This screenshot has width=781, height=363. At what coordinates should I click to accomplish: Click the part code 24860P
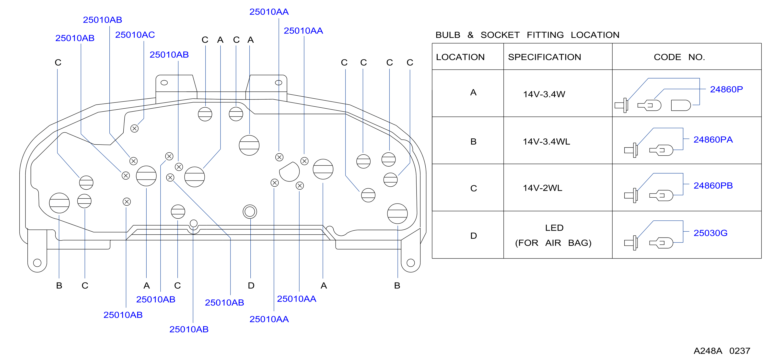pos(726,89)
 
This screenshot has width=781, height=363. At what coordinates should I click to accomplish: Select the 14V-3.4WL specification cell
pos(546,141)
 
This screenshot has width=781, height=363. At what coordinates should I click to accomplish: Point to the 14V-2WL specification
pos(542,188)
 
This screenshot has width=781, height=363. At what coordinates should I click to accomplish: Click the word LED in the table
pos(554,228)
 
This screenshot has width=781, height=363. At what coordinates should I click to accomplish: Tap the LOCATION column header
pos(460,57)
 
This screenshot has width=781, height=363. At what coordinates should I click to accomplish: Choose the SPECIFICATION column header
pos(545,57)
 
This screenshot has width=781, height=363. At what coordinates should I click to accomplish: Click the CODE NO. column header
pos(679,57)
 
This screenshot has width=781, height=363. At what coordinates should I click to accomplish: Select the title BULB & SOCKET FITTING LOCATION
pos(527,35)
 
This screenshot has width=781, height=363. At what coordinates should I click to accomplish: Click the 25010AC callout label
pos(135,35)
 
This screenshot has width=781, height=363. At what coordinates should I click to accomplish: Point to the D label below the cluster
pos(251,285)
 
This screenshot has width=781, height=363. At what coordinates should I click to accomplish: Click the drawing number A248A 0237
pos(722,351)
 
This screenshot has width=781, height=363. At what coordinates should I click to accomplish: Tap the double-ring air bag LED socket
pos(250,212)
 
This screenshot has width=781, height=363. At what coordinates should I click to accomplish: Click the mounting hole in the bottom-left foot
pos(37,262)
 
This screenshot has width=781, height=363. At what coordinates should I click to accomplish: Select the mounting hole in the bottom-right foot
pos(410,262)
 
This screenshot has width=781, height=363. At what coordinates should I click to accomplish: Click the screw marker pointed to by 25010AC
pos(134,128)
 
